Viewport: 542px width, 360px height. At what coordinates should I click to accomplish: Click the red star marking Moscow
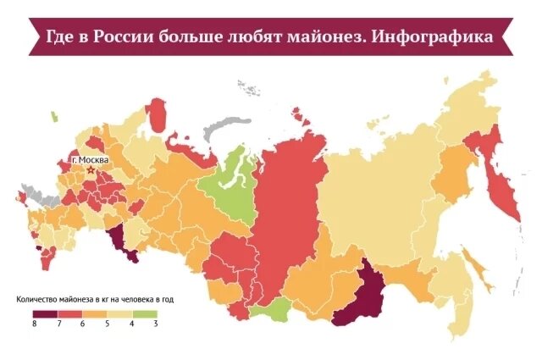91,169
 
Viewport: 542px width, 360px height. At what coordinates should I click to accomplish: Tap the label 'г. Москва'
90,158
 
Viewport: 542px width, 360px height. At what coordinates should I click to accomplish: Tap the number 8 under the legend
34,324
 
